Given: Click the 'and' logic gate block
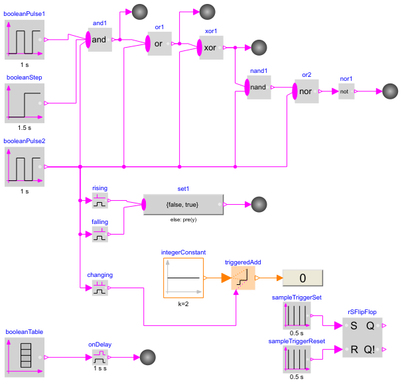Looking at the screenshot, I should tap(100, 40).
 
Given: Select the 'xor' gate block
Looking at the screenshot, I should tap(212, 48).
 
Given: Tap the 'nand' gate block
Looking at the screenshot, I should tap(259, 87).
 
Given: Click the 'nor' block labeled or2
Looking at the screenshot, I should tap(306, 91).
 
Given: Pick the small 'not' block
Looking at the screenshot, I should tap(346, 91).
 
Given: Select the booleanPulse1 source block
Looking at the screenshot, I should tap(25, 40).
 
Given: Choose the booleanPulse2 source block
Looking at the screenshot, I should tap(25, 167).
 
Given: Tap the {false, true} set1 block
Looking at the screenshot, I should tap(184, 204).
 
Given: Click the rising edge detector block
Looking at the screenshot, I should tap(100, 200).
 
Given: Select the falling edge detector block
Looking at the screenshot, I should tap(100, 234).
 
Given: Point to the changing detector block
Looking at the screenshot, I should tap(100, 288).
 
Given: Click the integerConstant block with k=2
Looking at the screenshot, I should tap(183, 278).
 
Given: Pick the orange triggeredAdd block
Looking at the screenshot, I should tap(243, 278).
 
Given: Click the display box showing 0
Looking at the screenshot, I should tap(302, 278).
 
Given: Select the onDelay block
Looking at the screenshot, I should tap(100, 357).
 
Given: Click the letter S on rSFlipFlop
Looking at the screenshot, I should tap(354, 325).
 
